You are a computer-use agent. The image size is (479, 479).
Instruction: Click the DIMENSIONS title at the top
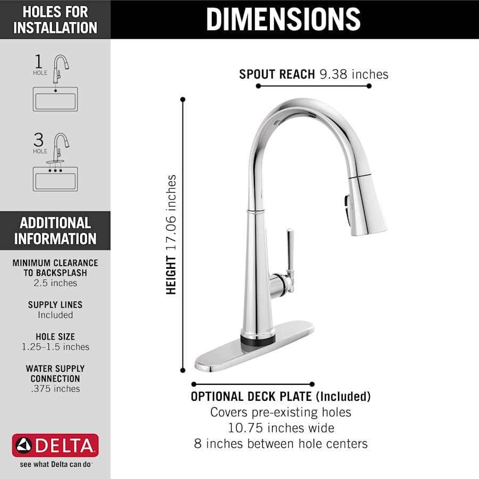click(x=283, y=19)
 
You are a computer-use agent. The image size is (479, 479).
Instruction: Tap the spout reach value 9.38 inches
click(x=354, y=74)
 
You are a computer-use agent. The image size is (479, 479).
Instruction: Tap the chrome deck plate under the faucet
click(x=255, y=351)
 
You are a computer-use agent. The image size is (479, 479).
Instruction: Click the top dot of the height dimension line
click(x=183, y=100)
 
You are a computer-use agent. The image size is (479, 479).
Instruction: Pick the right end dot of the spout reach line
click(x=369, y=86)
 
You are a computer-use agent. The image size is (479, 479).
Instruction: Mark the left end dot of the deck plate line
click(x=194, y=384)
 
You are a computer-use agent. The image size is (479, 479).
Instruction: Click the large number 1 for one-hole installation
click(x=38, y=61)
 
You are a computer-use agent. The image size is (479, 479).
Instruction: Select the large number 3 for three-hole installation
click(x=38, y=140)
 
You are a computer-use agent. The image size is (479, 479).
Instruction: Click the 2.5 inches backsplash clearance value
click(x=55, y=283)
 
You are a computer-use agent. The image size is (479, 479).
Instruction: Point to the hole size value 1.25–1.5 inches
click(x=55, y=347)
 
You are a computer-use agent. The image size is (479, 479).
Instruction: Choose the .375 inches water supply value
click(x=55, y=389)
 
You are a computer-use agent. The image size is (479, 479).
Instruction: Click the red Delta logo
click(x=55, y=445)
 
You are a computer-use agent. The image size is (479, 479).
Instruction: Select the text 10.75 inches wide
click(x=280, y=428)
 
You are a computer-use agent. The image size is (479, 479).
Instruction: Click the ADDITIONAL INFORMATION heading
click(x=55, y=231)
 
